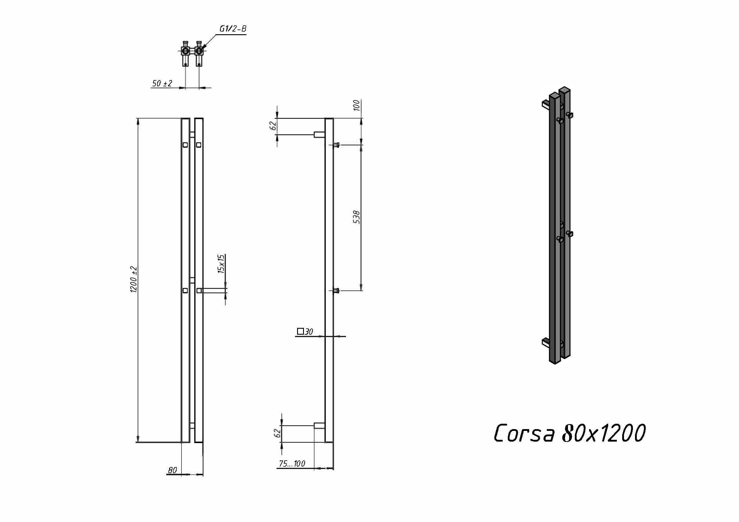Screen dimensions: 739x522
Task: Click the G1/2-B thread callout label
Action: (x=233, y=29)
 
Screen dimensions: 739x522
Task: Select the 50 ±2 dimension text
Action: (x=162, y=83)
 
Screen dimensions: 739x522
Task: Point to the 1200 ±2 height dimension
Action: (x=134, y=280)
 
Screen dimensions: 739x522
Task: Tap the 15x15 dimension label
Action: (x=221, y=264)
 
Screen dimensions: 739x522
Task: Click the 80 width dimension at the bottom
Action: (x=173, y=470)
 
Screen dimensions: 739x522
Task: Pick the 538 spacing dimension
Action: (x=356, y=217)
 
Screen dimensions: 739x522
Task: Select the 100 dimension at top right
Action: (x=356, y=105)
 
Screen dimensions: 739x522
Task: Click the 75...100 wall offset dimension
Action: (x=292, y=463)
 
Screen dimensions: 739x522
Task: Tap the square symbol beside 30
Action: (x=300, y=331)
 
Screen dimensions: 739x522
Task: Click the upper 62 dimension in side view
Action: (x=273, y=125)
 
